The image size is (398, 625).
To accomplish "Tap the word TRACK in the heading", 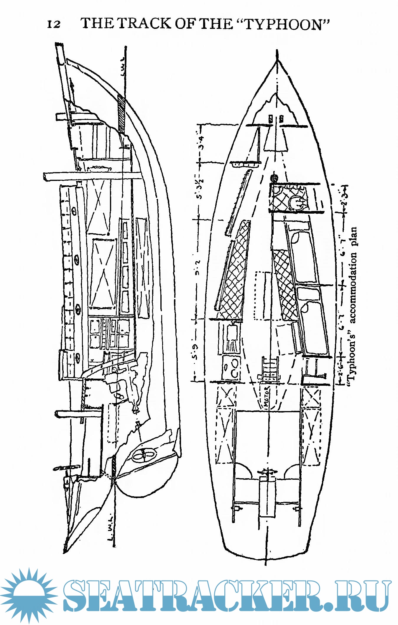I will tap(144, 23).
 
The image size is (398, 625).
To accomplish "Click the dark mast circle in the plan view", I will tap(274, 178).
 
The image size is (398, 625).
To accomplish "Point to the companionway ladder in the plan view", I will tap(269, 368).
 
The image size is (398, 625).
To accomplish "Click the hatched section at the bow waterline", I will tap(121, 113).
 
